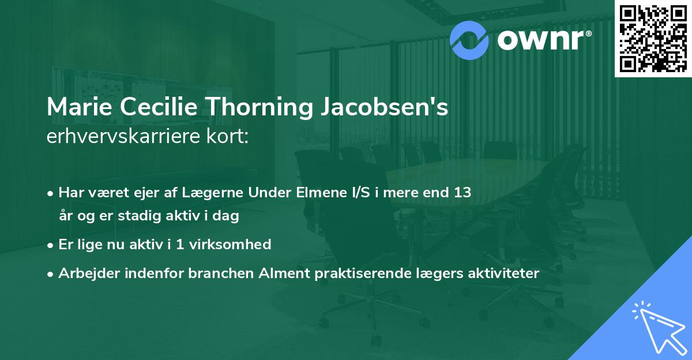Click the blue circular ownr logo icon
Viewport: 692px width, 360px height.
[x=469, y=39]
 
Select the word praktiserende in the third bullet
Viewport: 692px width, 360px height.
[x=352, y=273]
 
